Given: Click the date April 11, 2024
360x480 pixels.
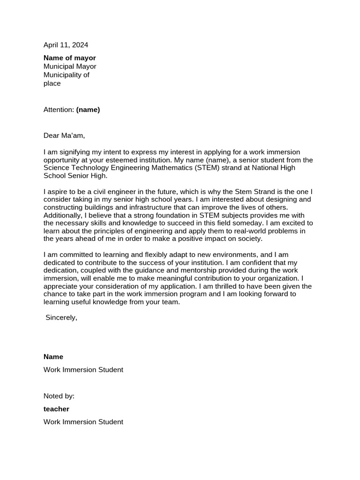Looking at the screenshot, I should tap(66, 45).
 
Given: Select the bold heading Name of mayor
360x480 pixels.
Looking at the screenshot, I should tap(69, 58).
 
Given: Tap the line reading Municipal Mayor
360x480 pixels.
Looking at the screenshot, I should tap(70, 66).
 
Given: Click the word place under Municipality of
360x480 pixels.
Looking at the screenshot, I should tap(52, 83).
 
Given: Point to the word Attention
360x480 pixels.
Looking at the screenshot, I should tap(58, 110).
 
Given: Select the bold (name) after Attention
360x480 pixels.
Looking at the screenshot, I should tap(88, 110).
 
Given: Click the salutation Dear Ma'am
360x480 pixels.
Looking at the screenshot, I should tap(64, 135).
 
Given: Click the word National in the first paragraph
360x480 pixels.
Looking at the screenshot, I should tap(255, 168).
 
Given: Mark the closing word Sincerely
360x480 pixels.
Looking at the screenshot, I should tap(61, 317).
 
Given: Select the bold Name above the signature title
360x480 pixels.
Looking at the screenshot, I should tap(53, 356).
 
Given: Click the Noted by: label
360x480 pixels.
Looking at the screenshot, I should tap(59, 396).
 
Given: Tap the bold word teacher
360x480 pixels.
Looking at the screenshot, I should tap(56, 409).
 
